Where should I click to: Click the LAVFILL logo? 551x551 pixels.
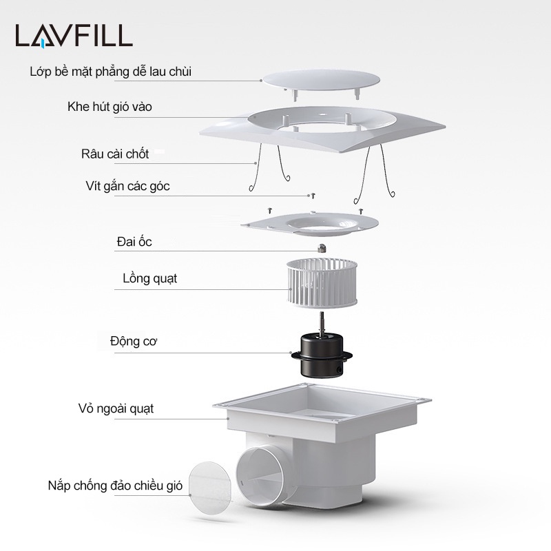click(x=74, y=36)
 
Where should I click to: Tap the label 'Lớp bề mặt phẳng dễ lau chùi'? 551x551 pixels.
click(x=111, y=72)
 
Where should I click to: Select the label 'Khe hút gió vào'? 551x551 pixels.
click(x=110, y=107)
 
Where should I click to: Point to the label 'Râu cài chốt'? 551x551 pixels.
click(x=115, y=154)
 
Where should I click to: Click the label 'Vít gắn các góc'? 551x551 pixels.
click(x=127, y=186)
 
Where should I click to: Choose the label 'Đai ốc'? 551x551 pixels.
click(x=134, y=242)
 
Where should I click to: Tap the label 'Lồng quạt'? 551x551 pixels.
click(x=149, y=278)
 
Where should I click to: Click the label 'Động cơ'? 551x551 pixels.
click(x=134, y=341)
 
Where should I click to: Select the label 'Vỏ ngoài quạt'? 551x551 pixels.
click(x=116, y=408)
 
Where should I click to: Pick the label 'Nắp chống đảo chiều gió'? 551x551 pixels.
click(x=115, y=486)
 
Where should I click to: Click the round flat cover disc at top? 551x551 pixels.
click(x=321, y=80)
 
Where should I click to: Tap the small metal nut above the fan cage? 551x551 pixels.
click(x=322, y=248)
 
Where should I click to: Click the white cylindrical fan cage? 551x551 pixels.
click(x=322, y=283)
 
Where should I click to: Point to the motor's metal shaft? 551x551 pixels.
click(x=322, y=322)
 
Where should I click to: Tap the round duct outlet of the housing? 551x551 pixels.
click(x=260, y=476)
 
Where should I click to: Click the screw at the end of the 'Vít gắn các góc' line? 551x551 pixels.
click(x=312, y=196)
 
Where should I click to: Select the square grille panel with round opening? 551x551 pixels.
click(x=322, y=129)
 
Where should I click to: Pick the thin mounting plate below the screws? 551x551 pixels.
click(x=310, y=224)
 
